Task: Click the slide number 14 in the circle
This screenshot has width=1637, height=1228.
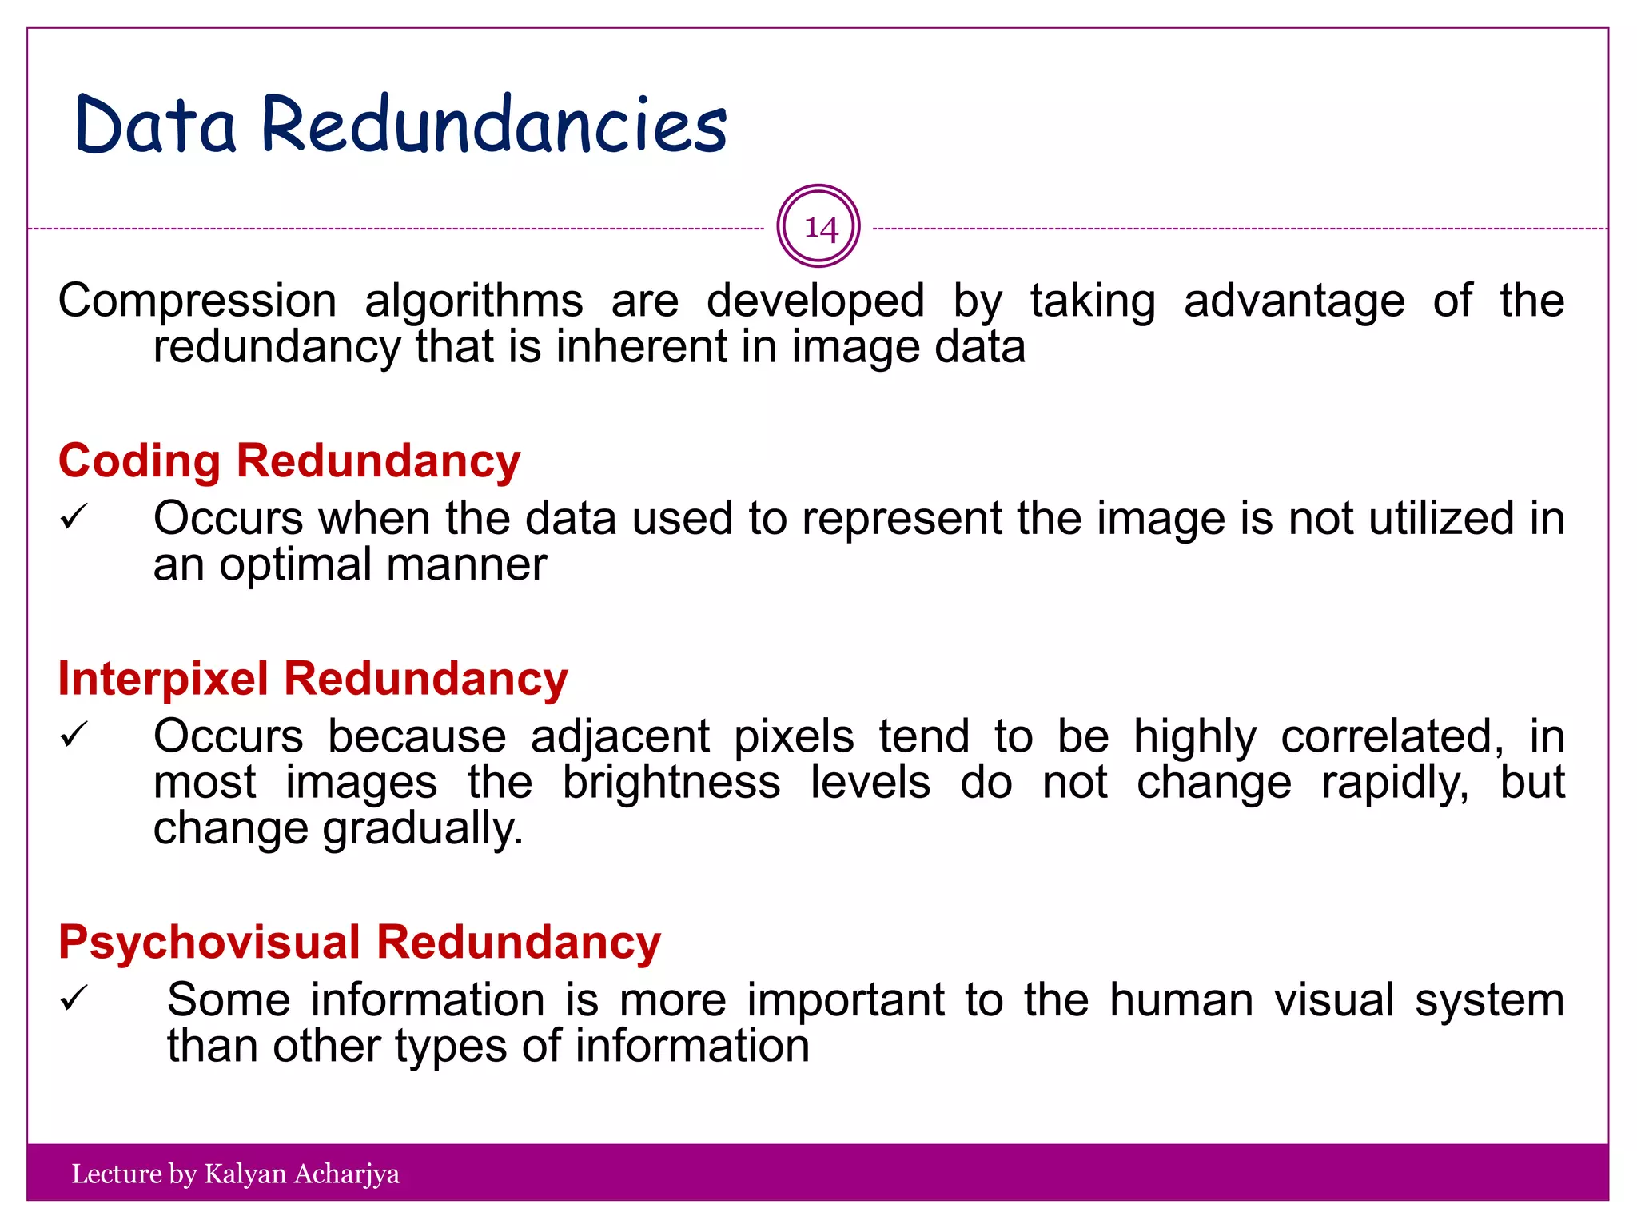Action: tap(819, 228)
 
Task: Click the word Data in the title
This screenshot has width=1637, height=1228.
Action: tap(156, 125)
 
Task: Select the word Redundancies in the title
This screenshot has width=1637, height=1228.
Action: tap(494, 125)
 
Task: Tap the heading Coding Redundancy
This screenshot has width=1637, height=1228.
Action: tap(289, 461)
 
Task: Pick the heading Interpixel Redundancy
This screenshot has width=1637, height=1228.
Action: tap(313, 679)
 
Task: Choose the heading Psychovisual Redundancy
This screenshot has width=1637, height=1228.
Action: tap(359, 942)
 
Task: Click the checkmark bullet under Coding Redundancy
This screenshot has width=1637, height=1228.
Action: tap(73, 518)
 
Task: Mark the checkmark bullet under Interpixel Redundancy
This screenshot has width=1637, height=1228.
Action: tap(73, 735)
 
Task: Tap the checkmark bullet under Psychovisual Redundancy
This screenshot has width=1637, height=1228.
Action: tap(73, 999)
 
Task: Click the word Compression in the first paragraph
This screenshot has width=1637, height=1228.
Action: tap(197, 301)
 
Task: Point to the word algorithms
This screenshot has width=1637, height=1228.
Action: tap(474, 301)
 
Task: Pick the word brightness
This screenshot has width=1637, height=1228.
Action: tap(671, 782)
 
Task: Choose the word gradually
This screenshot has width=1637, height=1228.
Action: tap(423, 829)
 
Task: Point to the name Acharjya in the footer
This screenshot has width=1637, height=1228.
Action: tap(347, 1174)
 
